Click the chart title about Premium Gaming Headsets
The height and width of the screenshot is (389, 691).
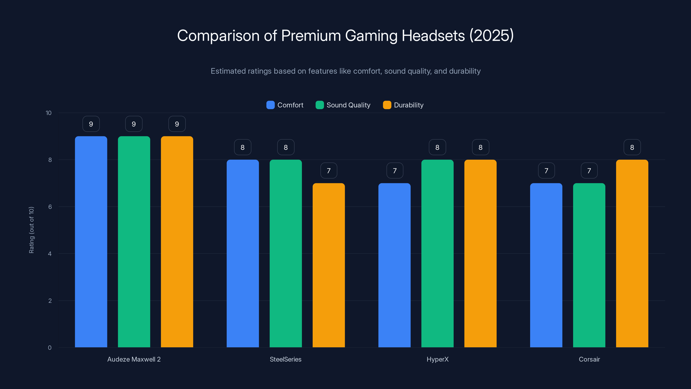345,35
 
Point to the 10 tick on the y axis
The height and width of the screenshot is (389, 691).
49,113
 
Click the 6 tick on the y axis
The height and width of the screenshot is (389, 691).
50,207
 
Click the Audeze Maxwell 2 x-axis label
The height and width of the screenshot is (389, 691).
134,359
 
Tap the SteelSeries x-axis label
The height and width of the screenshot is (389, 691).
285,359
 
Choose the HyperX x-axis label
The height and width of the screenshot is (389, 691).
437,359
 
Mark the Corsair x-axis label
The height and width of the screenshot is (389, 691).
589,359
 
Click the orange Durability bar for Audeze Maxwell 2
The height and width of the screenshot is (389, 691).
177,242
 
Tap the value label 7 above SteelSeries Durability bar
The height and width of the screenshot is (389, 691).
329,171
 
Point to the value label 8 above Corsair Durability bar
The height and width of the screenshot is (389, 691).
632,147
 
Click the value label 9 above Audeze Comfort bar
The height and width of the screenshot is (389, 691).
91,124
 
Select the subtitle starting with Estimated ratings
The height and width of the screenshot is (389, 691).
345,71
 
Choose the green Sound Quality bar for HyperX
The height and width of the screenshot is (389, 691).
437,253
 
